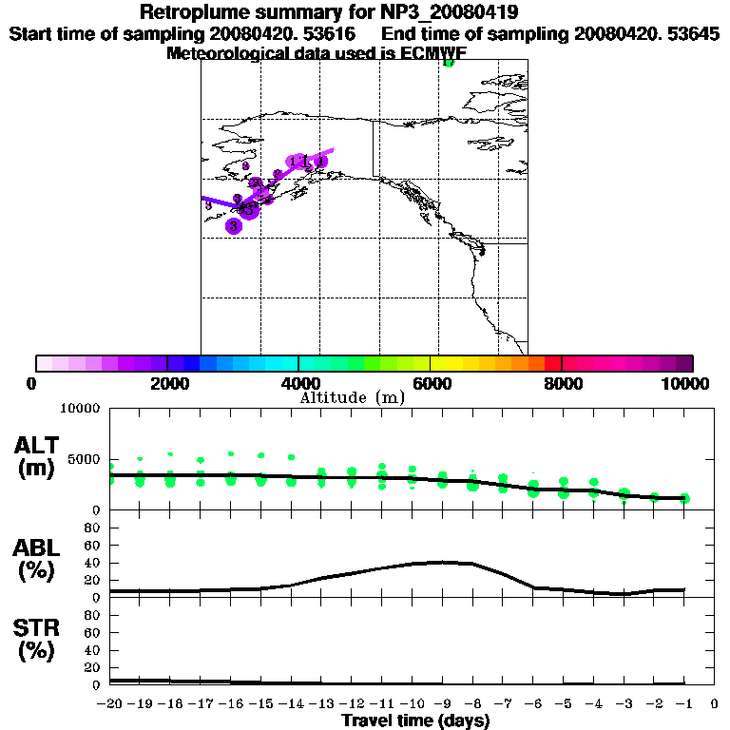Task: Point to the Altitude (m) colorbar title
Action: tap(353, 397)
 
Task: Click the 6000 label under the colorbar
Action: tap(431, 383)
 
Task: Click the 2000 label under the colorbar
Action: tap(167, 383)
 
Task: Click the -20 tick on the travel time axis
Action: tap(111, 704)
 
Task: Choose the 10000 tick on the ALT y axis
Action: tap(81, 409)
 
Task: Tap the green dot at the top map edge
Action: tap(449, 63)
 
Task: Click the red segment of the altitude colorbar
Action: tap(552, 363)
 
